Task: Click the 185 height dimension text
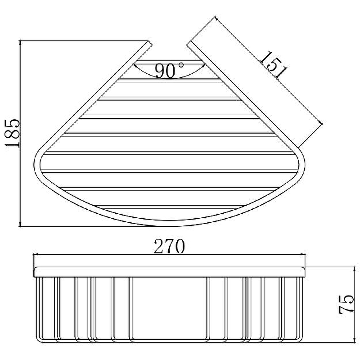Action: click(12, 134)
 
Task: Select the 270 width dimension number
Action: click(169, 247)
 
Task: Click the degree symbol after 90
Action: click(181, 65)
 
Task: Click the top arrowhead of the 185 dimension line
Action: click(21, 43)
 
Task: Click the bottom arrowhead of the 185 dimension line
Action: click(21, 224)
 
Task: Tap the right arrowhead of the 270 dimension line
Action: click(304, 255)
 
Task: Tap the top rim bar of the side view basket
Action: click(169, 270)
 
